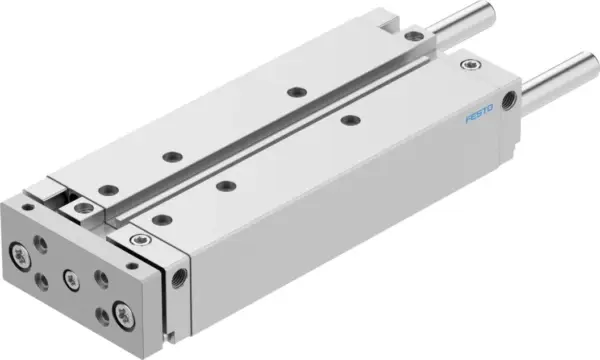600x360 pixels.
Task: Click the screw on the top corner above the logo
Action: (x=471, y=67)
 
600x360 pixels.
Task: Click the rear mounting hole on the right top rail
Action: (x=350, y=120)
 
